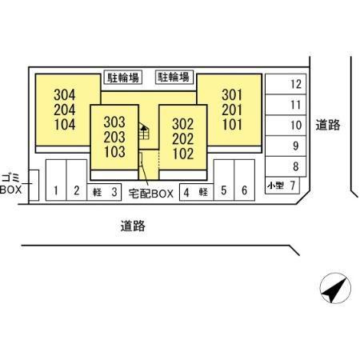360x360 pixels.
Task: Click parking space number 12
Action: (x=286, y=84)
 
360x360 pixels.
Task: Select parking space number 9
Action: (x=286, y=146)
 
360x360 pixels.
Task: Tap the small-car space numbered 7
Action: (x=282, y=185)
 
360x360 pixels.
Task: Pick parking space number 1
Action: (x=56, y=180)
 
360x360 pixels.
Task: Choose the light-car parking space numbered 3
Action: (x=104, y=192)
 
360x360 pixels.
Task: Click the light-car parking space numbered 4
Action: (x=197, y=192)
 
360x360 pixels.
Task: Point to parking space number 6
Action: (x=245, y=180)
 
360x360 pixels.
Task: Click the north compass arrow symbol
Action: (x=335, y=288)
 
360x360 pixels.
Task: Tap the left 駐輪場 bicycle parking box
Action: (x=122, y=78)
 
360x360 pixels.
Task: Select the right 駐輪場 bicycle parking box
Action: (x=174, y=78)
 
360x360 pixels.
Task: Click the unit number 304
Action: (x=65, y=94)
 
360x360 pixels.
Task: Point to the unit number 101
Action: (x=232, y=125)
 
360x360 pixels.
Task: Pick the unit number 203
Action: (x=114, y=137)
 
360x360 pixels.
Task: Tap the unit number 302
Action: (x=183, y=124)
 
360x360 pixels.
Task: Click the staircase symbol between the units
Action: (x=144, y=131)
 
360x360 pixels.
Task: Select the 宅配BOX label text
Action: (x=151, y=194)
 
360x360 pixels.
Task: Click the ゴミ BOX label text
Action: (x=10, y=183)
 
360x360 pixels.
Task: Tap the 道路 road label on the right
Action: (x=328, y=125)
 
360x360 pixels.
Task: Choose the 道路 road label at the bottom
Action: (x=133, y=226)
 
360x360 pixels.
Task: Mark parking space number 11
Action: (x=286, y=105)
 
